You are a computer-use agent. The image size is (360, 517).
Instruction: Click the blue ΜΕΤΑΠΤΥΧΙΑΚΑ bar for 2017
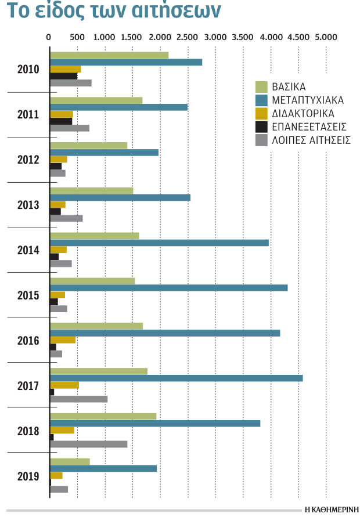[x=176, y=378]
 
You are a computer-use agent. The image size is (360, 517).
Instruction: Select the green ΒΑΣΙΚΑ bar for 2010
[x=109, y=55]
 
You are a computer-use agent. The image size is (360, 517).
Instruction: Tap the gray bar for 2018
[x=88, y=444]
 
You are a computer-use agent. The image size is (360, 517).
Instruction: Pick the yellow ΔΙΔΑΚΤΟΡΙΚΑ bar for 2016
[x=63, y=340]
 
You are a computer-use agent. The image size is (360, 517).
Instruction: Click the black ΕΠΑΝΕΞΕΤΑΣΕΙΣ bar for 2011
[x=61, y=121]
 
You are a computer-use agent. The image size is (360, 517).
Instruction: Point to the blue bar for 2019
[x=103, y=468]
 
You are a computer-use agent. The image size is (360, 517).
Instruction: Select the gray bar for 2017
[x=78, y=399]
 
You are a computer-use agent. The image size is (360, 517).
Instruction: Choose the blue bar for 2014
[x=159, y=243]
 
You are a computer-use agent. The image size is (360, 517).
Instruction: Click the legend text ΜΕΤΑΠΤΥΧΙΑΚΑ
[x=308, y=100]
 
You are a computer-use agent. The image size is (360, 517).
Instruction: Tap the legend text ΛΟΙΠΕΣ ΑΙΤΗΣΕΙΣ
[x=311, y=140]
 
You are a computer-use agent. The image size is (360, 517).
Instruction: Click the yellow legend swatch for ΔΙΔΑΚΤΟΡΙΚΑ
[x=261, y=114]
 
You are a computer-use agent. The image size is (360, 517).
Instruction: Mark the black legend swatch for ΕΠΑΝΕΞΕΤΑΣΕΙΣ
[x=261, y=127]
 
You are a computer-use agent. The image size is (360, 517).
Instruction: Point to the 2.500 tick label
[x=187, y=37]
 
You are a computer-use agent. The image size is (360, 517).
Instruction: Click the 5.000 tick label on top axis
[x=326, y=37]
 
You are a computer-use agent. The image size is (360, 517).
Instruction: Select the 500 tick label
[x=77, y=37]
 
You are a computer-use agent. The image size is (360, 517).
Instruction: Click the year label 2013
[x=28, y=205]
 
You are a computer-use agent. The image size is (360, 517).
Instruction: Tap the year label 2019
[x=28, y=476]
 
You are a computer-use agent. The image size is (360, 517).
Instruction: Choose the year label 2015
[x=28, y=295]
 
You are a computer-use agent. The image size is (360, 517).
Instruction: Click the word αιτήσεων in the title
[x=176, y=10]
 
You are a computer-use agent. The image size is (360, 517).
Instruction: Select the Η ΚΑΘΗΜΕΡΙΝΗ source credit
[x=332, y=509]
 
